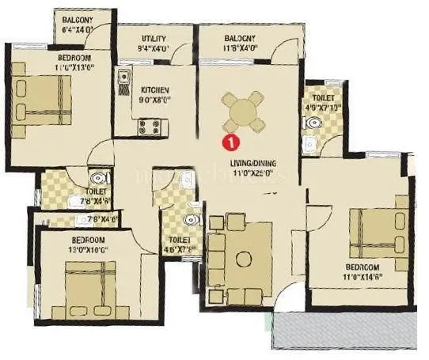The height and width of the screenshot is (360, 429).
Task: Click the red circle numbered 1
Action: coord(230,143)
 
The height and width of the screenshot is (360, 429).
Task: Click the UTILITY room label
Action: coord(154,38)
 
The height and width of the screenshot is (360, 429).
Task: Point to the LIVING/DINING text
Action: coord(252,164)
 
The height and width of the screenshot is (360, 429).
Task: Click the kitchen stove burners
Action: coord(149,125)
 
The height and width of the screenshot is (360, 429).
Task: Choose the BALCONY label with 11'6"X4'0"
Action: coord(239,38)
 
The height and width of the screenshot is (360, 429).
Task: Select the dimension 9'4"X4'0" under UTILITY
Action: coord(155,47)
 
